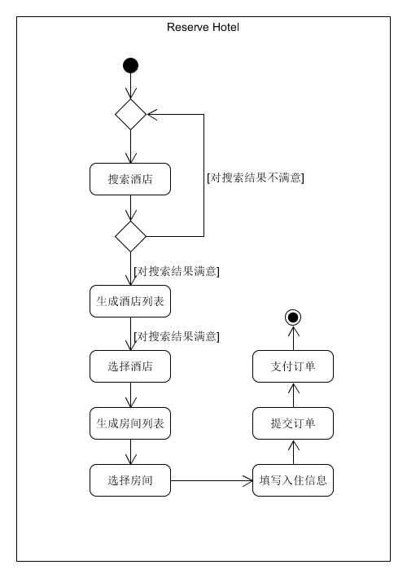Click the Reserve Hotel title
(x=203, y=28)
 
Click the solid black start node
(x=130, y=66)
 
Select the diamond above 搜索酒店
(x=130, y=114)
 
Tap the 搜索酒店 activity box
(x=130, y=179)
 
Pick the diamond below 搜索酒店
(x=130, y=236)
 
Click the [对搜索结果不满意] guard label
(x=256, y=177)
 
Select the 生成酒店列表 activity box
(x=130, y=301)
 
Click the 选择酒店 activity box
(x=130, y=366)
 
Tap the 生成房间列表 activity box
(x=130, y=423)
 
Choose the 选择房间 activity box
(x=130, y=480)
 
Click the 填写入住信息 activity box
(x=293, y=480)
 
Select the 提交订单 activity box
(x=293, y=423)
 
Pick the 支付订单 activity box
(x=293, y=366)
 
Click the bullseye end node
(x=293, y=317)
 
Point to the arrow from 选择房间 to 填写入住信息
(x=212, y=480)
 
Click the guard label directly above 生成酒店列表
(x=176, y=271)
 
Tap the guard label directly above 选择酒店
(x=176, y=336)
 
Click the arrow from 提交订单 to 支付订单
(x=293, y=395)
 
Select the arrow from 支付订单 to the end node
(x=293, y=338)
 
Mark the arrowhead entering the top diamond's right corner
(x=152, y=114)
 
